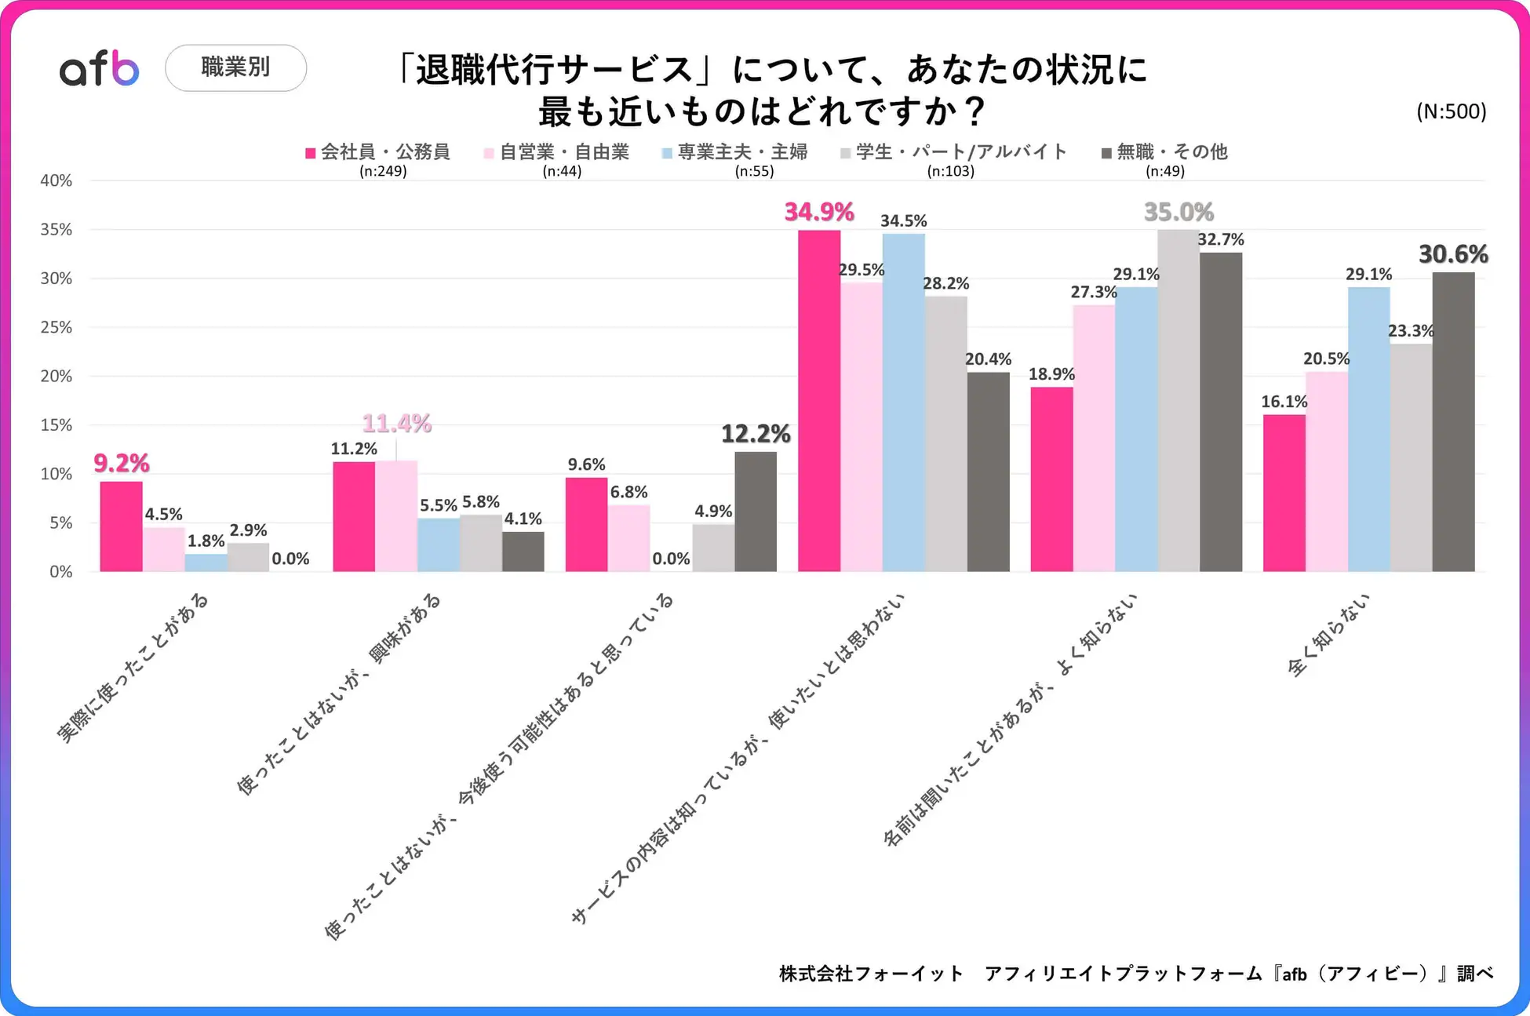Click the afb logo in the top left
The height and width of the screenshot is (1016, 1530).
click(x=100, y=68)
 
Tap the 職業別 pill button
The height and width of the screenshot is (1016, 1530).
click(x=235, y=67)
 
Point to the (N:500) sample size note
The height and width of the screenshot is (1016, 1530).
click(x=1451, y=111)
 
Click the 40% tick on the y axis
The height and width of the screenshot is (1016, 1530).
click(x=56, y=180)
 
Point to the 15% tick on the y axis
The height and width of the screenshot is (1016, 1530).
click(x=56, y=425)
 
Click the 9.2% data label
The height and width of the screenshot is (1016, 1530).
click(x=122, y=463)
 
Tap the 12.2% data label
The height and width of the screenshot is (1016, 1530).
click(x=756, y=434)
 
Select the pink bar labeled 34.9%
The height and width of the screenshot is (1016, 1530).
click(x=819, y=400)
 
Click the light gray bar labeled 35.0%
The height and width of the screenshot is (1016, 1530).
click(x=1178, y=400)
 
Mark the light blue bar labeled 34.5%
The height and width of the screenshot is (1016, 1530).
click(x=903, y=402)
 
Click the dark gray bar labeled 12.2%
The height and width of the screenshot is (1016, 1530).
click(x=756, y=512)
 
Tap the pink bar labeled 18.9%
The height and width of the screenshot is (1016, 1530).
click(x=1051, y=479)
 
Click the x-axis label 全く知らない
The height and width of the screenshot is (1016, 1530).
click(x=1329, y=635)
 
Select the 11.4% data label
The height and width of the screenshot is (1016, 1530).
click(x=396, y=424)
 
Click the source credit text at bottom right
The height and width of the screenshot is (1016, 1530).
click(x=1135, y=974)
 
